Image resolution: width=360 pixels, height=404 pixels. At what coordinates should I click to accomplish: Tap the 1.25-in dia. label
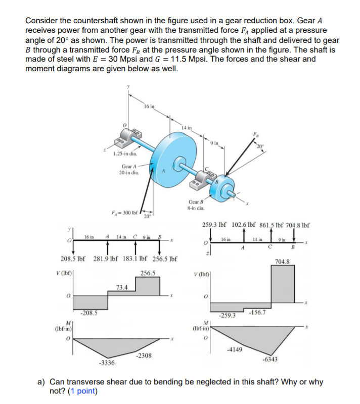tap(125, 154)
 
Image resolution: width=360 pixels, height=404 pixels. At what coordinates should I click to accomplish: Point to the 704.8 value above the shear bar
tap(282, 262)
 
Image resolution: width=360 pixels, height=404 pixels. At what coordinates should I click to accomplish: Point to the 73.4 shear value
tap(122, 287)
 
